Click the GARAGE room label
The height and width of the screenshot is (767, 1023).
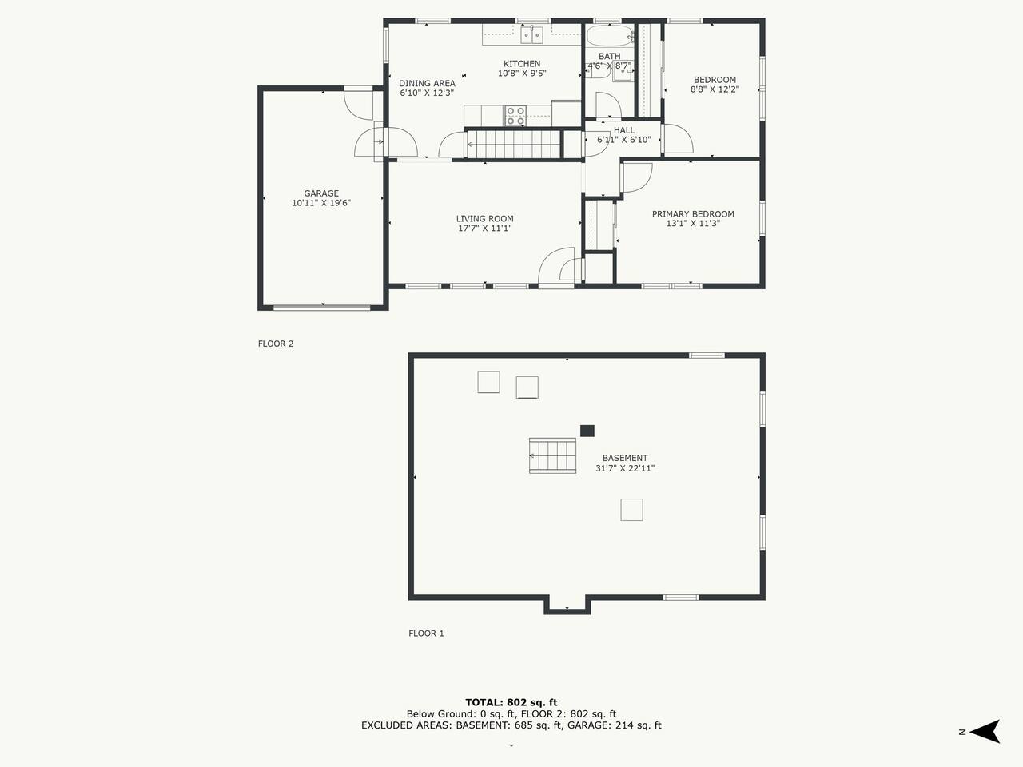coord(321,193)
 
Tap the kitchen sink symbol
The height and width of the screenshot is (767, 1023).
coord(531,35)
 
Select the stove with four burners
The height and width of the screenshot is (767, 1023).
coord(515,116)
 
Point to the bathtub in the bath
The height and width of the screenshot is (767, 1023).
coord(610,35)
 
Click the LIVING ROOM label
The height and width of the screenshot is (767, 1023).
coord(484,218)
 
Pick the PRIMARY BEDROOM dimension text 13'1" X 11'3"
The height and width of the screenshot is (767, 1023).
coord(693,224)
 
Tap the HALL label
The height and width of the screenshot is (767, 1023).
coord(624,130)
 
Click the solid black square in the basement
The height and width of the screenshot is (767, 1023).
coord(587,431)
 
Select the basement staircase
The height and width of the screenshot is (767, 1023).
coord(553,455)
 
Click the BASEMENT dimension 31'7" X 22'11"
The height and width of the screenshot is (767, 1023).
coord(625,468)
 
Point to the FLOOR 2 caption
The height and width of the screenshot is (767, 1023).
coord(276,344)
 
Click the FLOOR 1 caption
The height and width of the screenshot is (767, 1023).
coord(426,634)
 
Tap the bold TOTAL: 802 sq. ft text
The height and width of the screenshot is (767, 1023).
coord(511,702)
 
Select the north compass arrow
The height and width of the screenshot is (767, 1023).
coord(985,732)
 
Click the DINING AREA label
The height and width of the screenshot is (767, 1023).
coord(427,83)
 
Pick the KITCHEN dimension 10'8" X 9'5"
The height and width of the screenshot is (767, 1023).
coord(522,74)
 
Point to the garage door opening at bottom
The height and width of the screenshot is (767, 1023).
coord(321,308)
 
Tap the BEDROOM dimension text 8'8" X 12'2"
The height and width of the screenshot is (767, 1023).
coord(715,89)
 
